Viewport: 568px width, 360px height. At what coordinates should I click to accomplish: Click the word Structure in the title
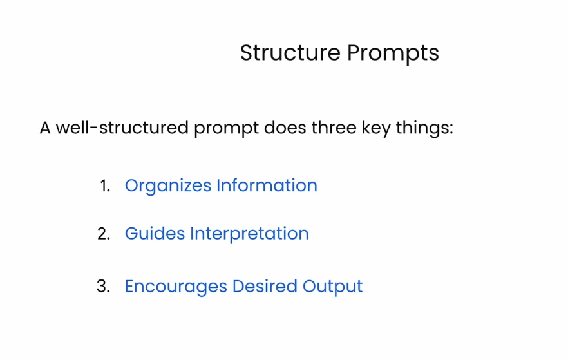point(290,53)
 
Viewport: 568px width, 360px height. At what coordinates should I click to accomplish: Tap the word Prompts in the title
point(393,54)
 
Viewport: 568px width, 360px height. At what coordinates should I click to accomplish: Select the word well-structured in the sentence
point(122,128)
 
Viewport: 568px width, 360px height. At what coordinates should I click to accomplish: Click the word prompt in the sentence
point(227,129)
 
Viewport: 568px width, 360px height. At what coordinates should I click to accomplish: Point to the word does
point(285,128)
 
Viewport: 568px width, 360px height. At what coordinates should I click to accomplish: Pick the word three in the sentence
point(334,128)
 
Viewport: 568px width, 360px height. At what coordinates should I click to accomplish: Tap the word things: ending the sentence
point(424,129)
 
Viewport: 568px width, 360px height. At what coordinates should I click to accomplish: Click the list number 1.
point(105,186)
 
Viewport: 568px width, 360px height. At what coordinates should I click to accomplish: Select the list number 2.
point(104,234)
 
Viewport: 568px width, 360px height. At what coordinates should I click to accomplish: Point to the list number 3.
point(103,287)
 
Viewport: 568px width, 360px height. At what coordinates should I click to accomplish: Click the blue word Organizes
point(168,186)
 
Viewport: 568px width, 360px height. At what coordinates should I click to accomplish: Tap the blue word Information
point(267,185)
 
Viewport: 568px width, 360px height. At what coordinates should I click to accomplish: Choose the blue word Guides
point(155,234)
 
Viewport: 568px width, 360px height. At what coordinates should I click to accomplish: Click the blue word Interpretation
point(250,234)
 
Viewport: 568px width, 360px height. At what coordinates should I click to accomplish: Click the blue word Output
point(332,287)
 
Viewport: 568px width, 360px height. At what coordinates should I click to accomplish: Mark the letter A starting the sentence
point(45,128)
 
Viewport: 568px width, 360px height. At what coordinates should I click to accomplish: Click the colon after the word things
point(451,129)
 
